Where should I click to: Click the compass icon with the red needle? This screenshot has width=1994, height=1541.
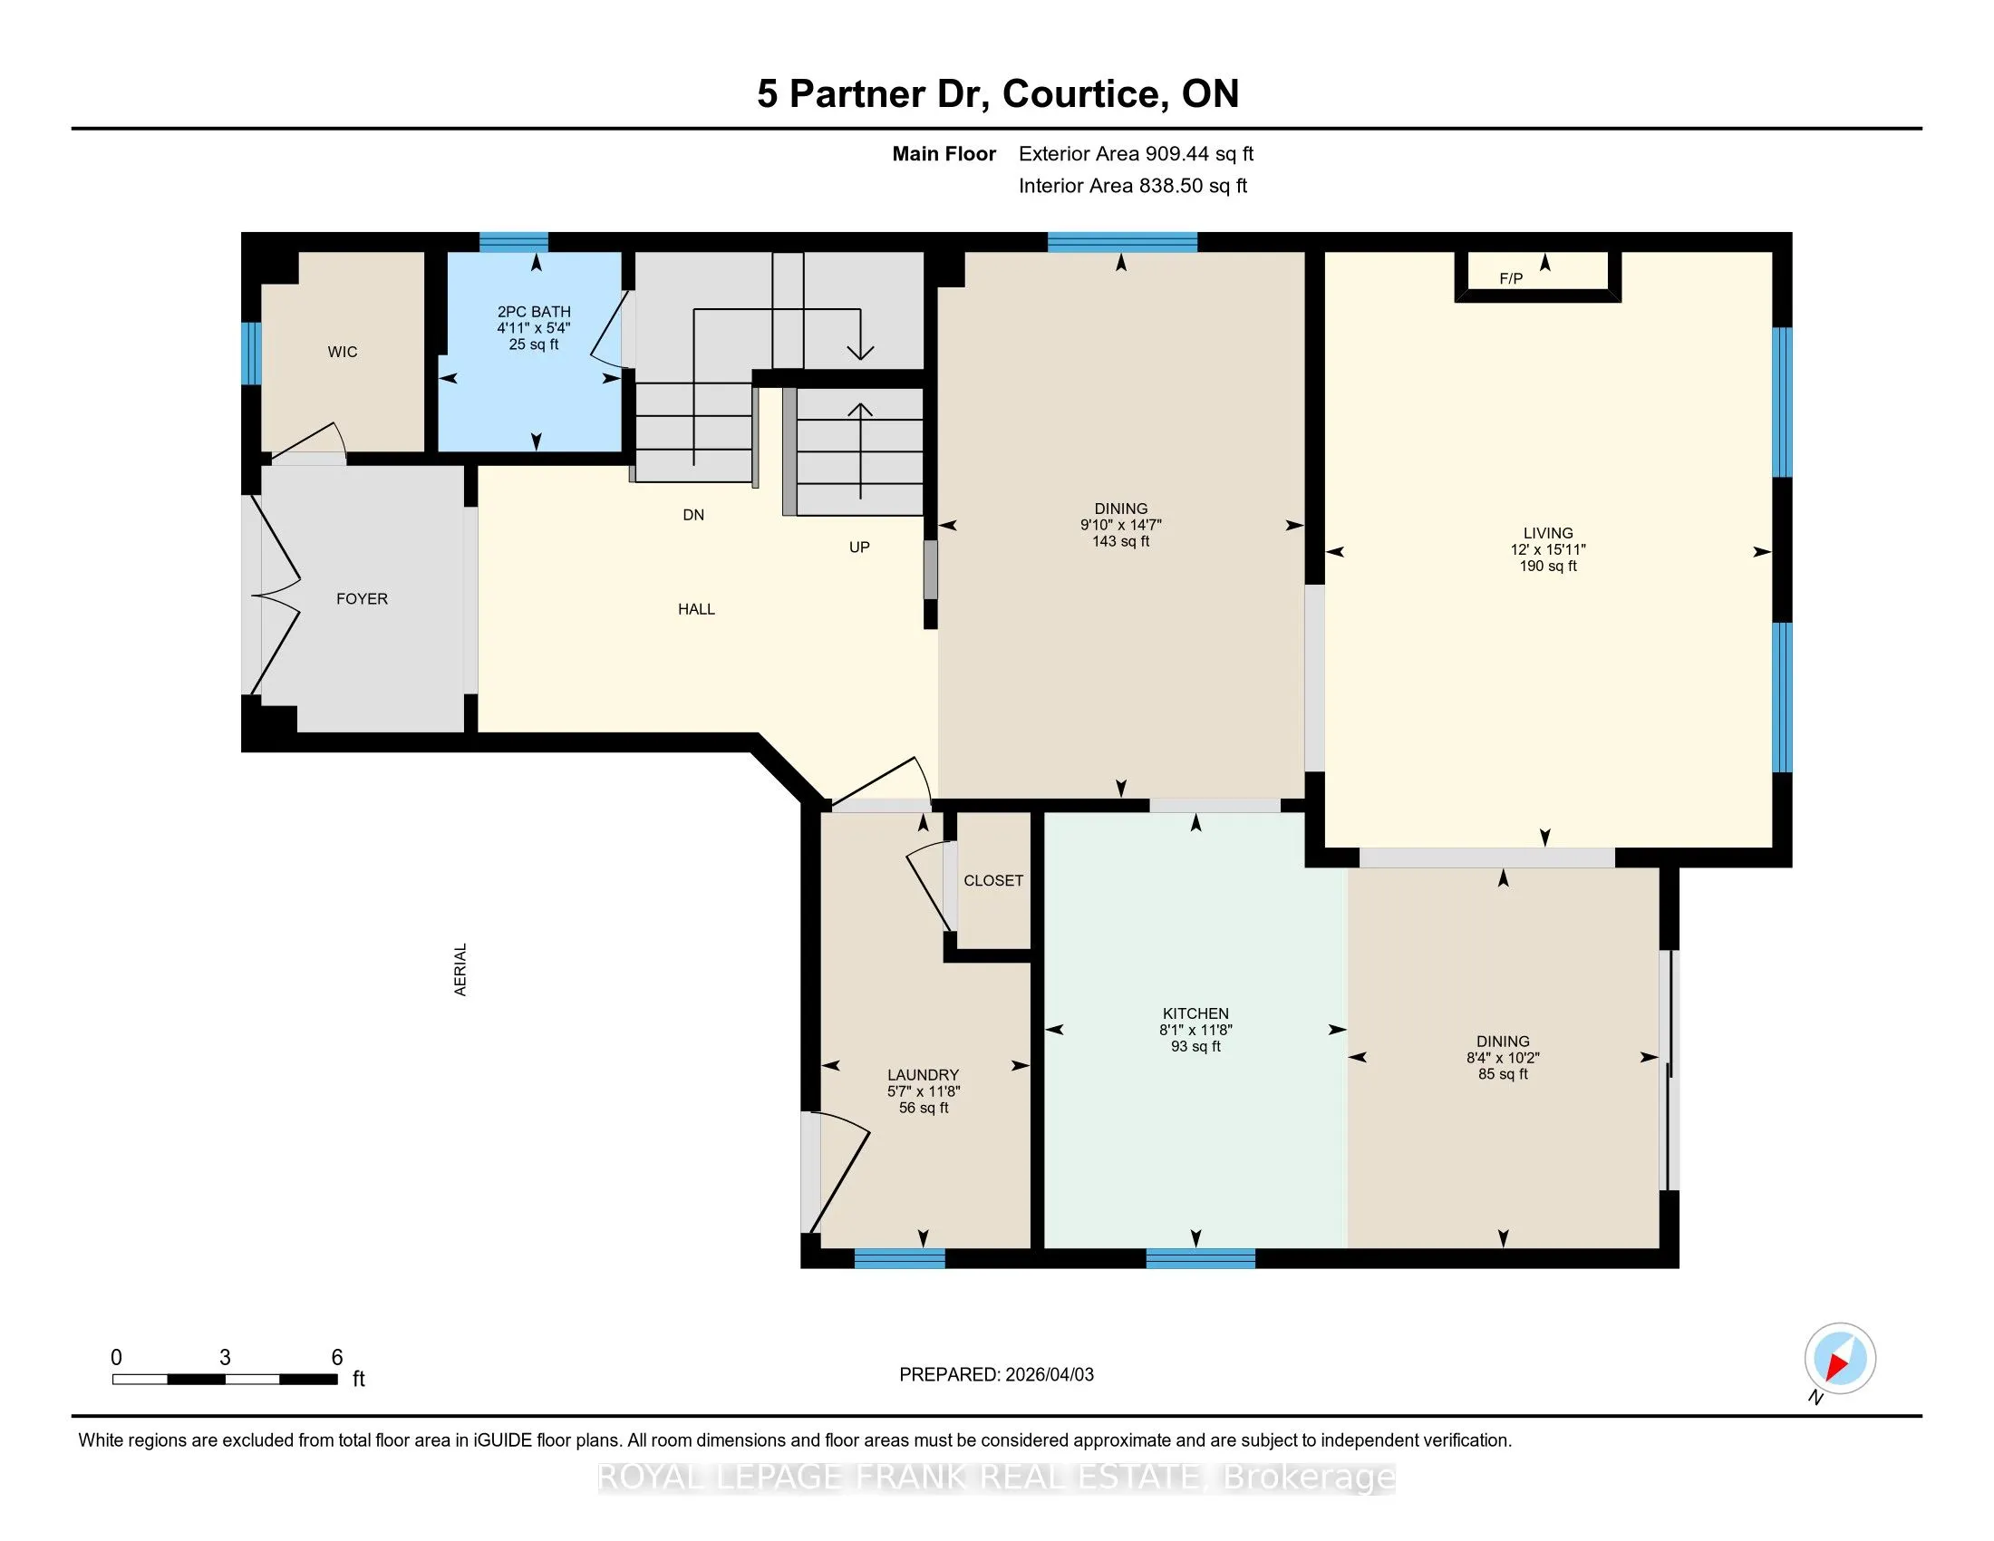tap(1840, 1358)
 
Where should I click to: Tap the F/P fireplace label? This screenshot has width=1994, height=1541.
tap(1511, 278)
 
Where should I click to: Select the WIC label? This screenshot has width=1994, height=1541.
tap(343, 352)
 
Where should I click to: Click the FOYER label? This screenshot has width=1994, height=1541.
tap(362, 599)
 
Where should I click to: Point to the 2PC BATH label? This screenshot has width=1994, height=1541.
tap(534, 312)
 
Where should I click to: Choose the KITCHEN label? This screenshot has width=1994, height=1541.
tap(1195, 1013)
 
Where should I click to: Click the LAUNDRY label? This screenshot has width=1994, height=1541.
tap(923, 1075)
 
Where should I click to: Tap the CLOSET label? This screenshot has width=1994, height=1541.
tap(993, 881)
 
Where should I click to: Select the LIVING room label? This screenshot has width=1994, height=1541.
tap(1547, 533)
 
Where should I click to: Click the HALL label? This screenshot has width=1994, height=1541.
tap(696, 609)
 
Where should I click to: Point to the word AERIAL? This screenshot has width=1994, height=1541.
tap(460, 970)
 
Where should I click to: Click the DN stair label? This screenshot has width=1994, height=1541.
tap(693, 515)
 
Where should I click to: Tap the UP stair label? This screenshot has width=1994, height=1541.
tap(859, 547)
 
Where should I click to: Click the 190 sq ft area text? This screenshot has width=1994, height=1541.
tap(1547, 566)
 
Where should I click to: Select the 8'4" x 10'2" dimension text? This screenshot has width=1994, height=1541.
tap(1503, 1058)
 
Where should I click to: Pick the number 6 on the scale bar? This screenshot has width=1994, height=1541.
tap(337, 1358)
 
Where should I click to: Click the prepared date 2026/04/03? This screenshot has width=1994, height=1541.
tap(1048, 1375)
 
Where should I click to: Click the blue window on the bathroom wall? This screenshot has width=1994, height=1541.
tap(514, 242)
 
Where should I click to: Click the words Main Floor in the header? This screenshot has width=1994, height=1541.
tap(944, 153)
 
